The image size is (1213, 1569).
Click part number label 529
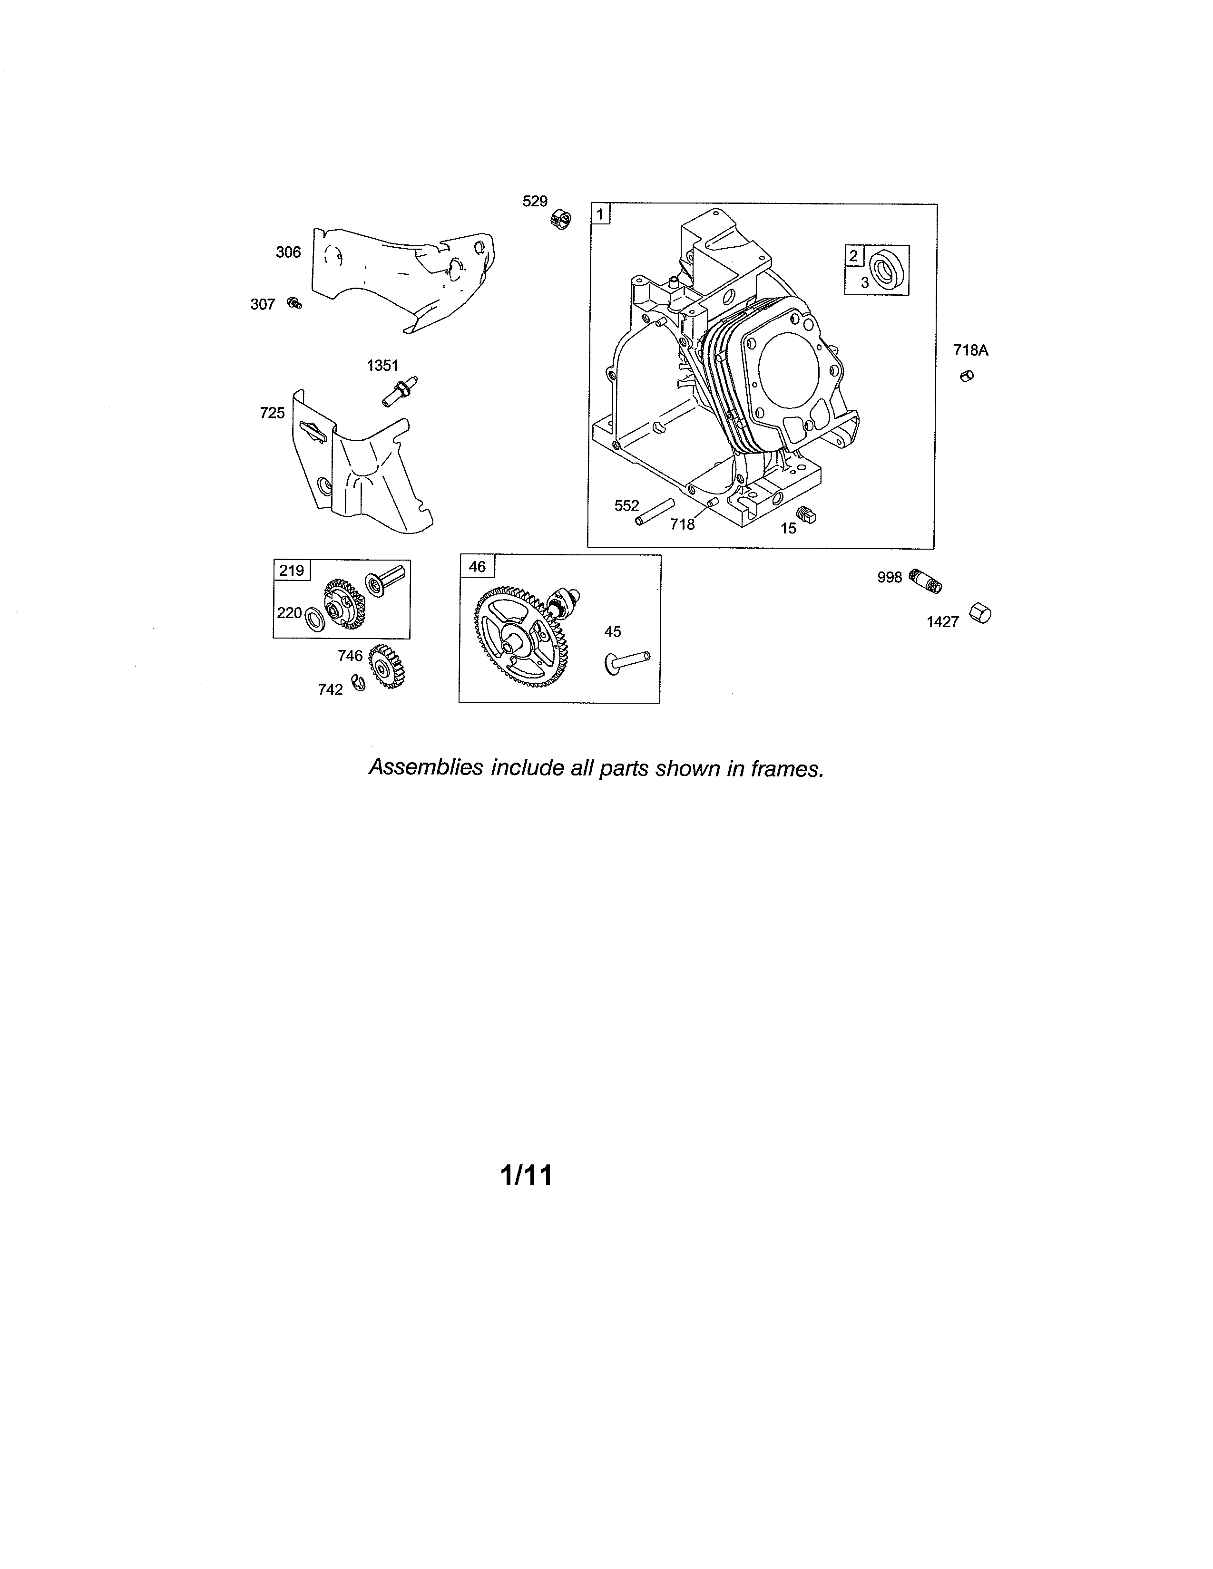point(535,201)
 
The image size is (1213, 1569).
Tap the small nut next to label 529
point(561,218)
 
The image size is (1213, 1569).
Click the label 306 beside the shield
point(288,252)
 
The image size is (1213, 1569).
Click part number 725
point(273,413)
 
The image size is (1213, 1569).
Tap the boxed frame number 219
point(292,571)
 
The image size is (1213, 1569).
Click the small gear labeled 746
point(387,667)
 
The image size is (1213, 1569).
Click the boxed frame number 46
point(477,567)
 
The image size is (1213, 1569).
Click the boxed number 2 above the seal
point(854,256)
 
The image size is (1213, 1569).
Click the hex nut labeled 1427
point(981,613)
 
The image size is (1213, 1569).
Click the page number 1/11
point(527,1175)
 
